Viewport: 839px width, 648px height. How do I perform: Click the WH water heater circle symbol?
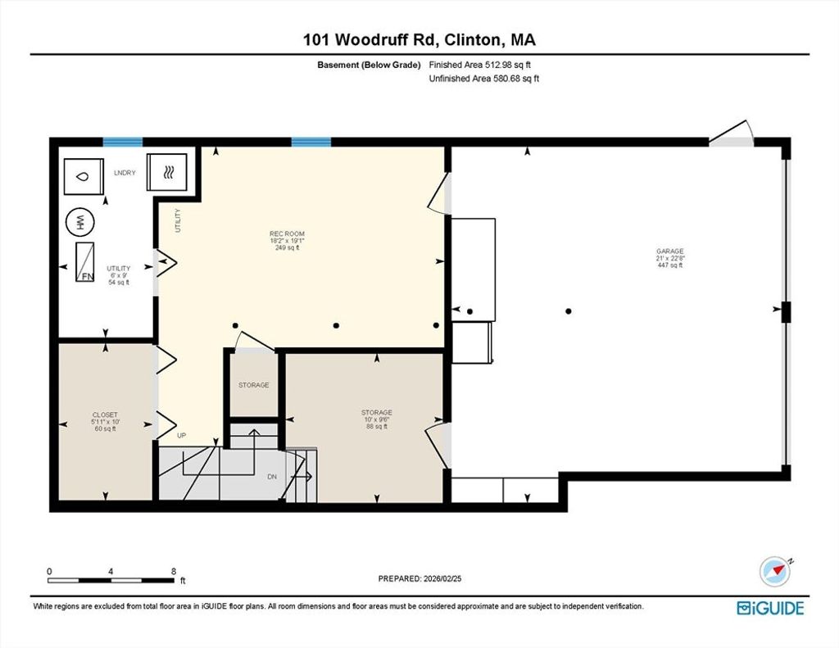(x=79, y=221)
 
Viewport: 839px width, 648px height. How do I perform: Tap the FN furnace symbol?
(x=84, y=262)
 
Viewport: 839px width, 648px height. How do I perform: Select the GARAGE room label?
(x=670, y=251)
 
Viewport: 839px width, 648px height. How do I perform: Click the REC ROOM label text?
(x=287, y=233)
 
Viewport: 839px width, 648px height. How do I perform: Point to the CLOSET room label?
(x=105, y=415)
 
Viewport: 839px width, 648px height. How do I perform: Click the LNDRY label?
(x=125, y=173)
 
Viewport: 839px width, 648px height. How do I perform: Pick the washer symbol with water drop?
(x=84, y=177)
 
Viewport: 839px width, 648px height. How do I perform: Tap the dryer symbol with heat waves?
(x=167, y=172)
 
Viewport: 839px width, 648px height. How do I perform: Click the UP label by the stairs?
(x=181, y=436)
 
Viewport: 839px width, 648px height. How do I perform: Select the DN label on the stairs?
(x=272, y=476)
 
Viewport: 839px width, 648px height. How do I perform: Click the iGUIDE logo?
(x=770, y=609)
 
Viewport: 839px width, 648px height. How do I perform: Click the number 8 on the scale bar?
(x=174, y=571)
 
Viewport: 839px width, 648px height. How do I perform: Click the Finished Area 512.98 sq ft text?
(x=480, y=65)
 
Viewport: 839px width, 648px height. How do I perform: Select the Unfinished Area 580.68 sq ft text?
(x=483, y=79)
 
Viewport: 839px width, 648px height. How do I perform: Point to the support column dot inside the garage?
(x=569, y=310)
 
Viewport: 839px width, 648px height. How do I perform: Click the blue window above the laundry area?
(x=123, y=142)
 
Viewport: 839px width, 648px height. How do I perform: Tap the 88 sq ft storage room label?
(x=377, y=427)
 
